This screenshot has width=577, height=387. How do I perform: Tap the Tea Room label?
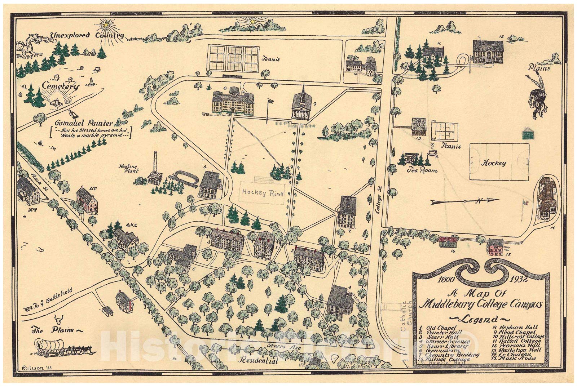[x=422, y=170]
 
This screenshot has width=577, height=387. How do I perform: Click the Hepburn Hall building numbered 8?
[x=233, y=102]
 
